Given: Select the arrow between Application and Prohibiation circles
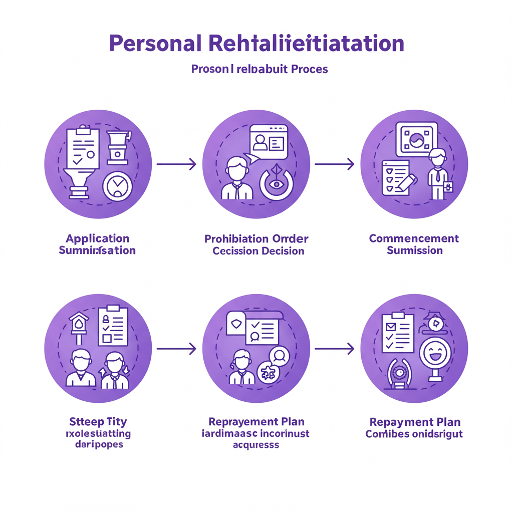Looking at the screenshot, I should coord(176,163).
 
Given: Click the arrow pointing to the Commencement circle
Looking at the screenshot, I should coord(334,163).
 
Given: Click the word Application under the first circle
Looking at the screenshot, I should coord(97,238).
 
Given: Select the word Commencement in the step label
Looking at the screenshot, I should coord(414,238).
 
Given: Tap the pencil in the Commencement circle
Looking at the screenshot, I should coord(407,183).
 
